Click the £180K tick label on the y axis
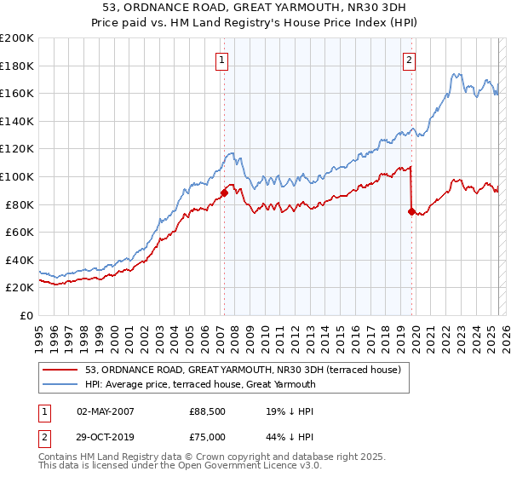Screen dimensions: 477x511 click(17, 66)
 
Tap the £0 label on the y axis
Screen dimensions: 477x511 click(27, 315)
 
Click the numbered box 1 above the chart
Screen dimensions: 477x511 click(221, 60)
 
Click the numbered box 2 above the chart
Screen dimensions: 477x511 click(410, 60)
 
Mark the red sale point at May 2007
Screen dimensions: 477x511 click(224, 193)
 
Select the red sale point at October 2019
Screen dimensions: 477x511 click(411, 211)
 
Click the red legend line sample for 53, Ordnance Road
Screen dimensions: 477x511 click(61, 369)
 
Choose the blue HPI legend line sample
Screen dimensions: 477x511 click(61, 384)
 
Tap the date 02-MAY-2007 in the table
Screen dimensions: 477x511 click(106, 411)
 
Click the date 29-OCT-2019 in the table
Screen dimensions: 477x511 click(106, 436)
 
